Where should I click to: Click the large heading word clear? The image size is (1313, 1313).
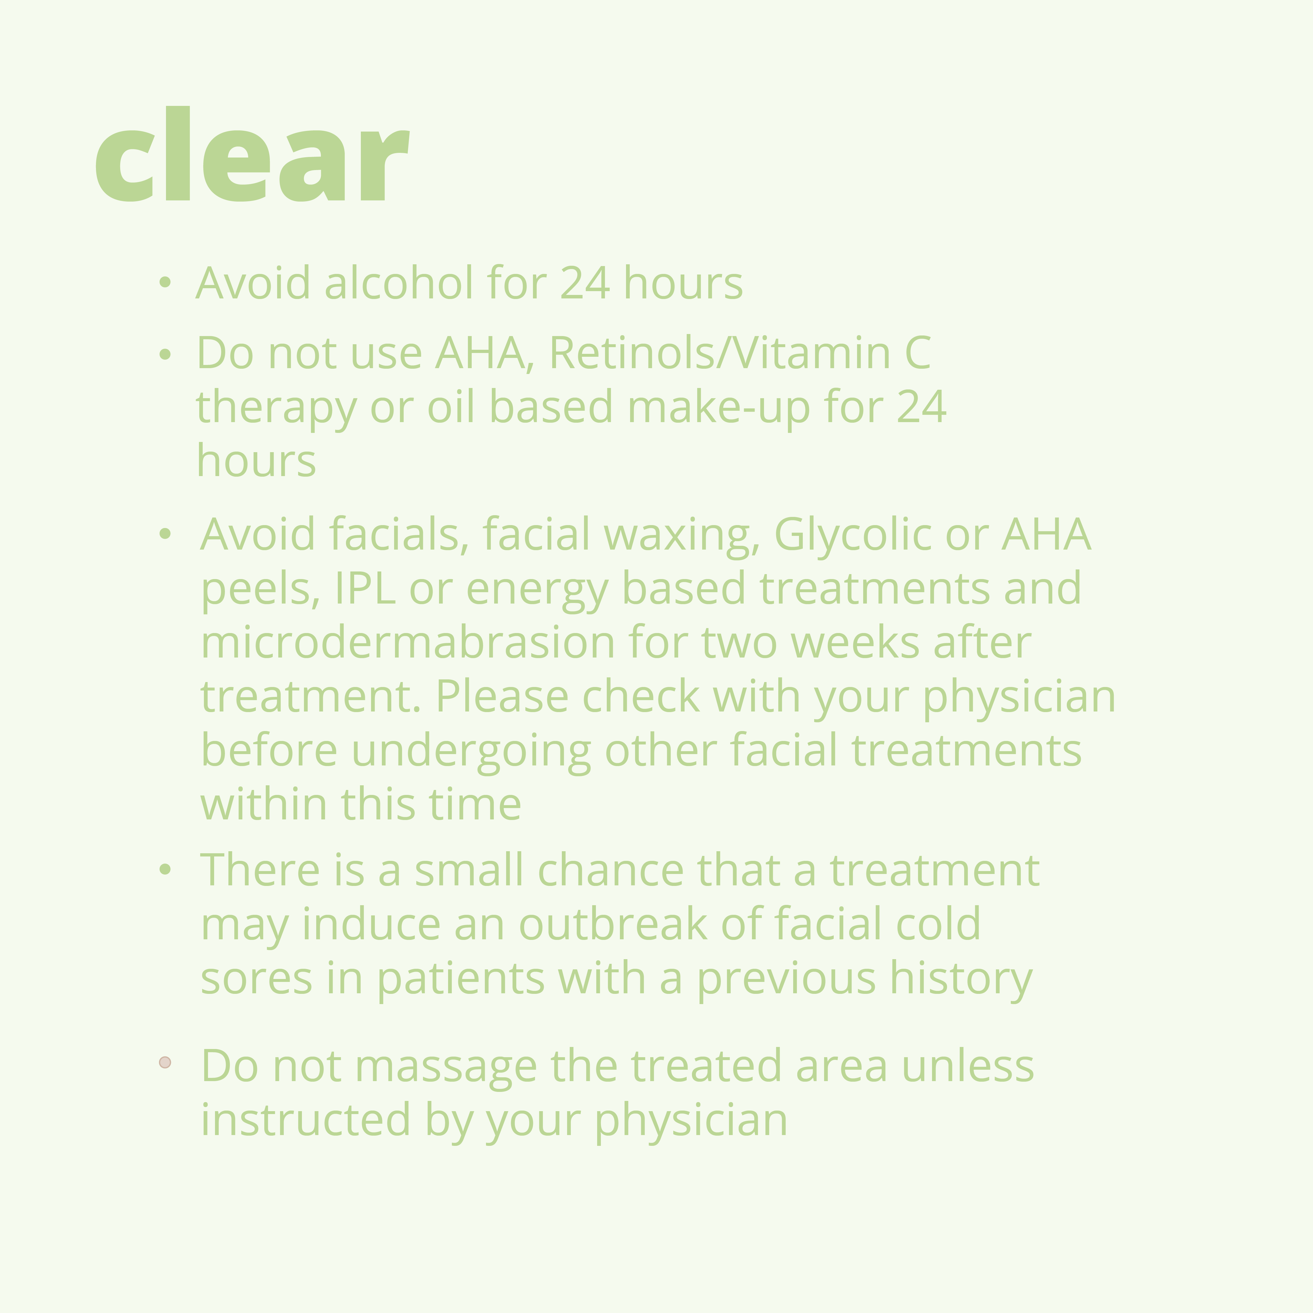251,154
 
